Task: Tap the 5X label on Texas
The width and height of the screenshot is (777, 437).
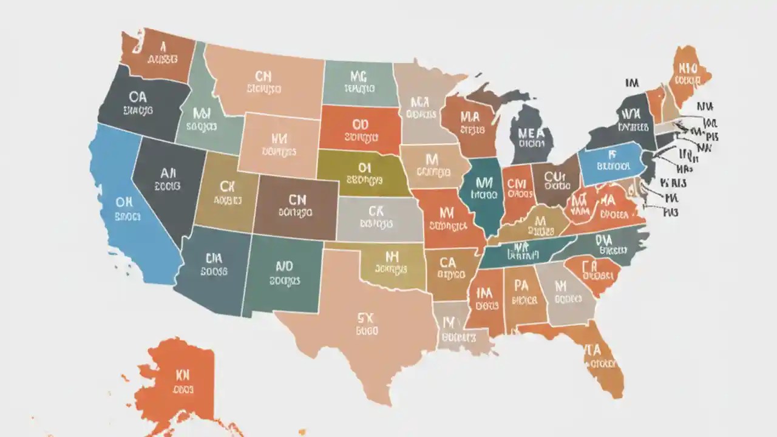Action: pos(365,316)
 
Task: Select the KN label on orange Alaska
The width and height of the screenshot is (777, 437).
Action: pos(182,374)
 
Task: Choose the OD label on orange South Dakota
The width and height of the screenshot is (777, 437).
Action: pos(360,124)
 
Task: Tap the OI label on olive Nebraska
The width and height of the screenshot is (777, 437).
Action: pos(364,166)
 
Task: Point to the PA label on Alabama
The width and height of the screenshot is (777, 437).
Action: pos(521,285)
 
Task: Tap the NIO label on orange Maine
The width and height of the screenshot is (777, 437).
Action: pos(688,67)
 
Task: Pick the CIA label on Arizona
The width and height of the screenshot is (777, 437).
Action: pos(214,257)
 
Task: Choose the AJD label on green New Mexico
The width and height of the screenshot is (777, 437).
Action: pos(284,266)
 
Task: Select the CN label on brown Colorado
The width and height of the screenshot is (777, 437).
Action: pos(297,198)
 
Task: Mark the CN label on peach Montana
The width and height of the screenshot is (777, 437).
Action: pos(263,76)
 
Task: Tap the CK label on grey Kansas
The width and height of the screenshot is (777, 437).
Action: pos(376,210)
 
